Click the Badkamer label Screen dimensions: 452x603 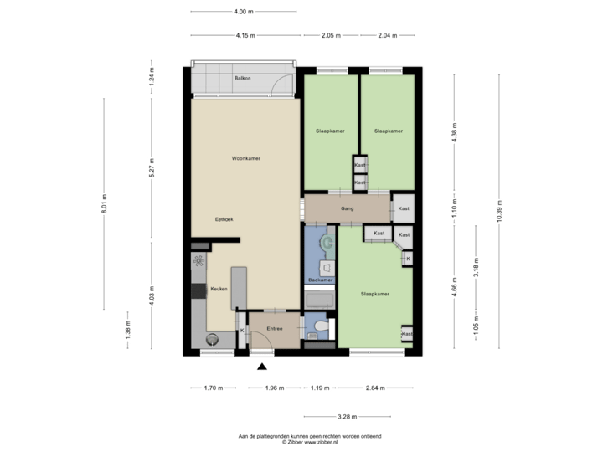(321, 279)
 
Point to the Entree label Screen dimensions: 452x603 (274, 329)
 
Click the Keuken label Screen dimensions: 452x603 (219, 289)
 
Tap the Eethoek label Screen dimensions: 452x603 (224, 218)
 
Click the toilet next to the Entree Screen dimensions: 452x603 (320, 327)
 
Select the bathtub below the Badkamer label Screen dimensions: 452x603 (319, 299)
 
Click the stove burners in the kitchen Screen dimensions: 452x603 (199, 260)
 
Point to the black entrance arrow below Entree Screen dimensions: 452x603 (262, 366)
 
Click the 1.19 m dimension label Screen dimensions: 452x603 (318, 388)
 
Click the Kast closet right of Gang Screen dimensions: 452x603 (403, 208)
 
